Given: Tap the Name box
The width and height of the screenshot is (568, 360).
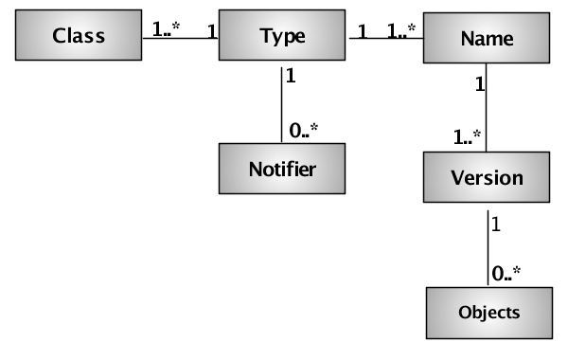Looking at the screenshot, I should [x=486, y=39].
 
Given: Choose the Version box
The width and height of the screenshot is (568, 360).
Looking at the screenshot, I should [x=486, y=177].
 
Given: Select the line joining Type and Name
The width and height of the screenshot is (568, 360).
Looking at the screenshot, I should [x=383, y=39].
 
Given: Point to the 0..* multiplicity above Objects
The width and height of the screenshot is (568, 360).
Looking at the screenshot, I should [x=506, y=275].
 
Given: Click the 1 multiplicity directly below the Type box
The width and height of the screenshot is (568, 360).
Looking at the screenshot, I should [x=291, y=75].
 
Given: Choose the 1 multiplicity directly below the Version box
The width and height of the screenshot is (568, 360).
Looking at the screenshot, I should [x=496, y=226].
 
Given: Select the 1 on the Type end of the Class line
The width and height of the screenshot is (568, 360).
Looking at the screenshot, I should [x=212, y=28].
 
